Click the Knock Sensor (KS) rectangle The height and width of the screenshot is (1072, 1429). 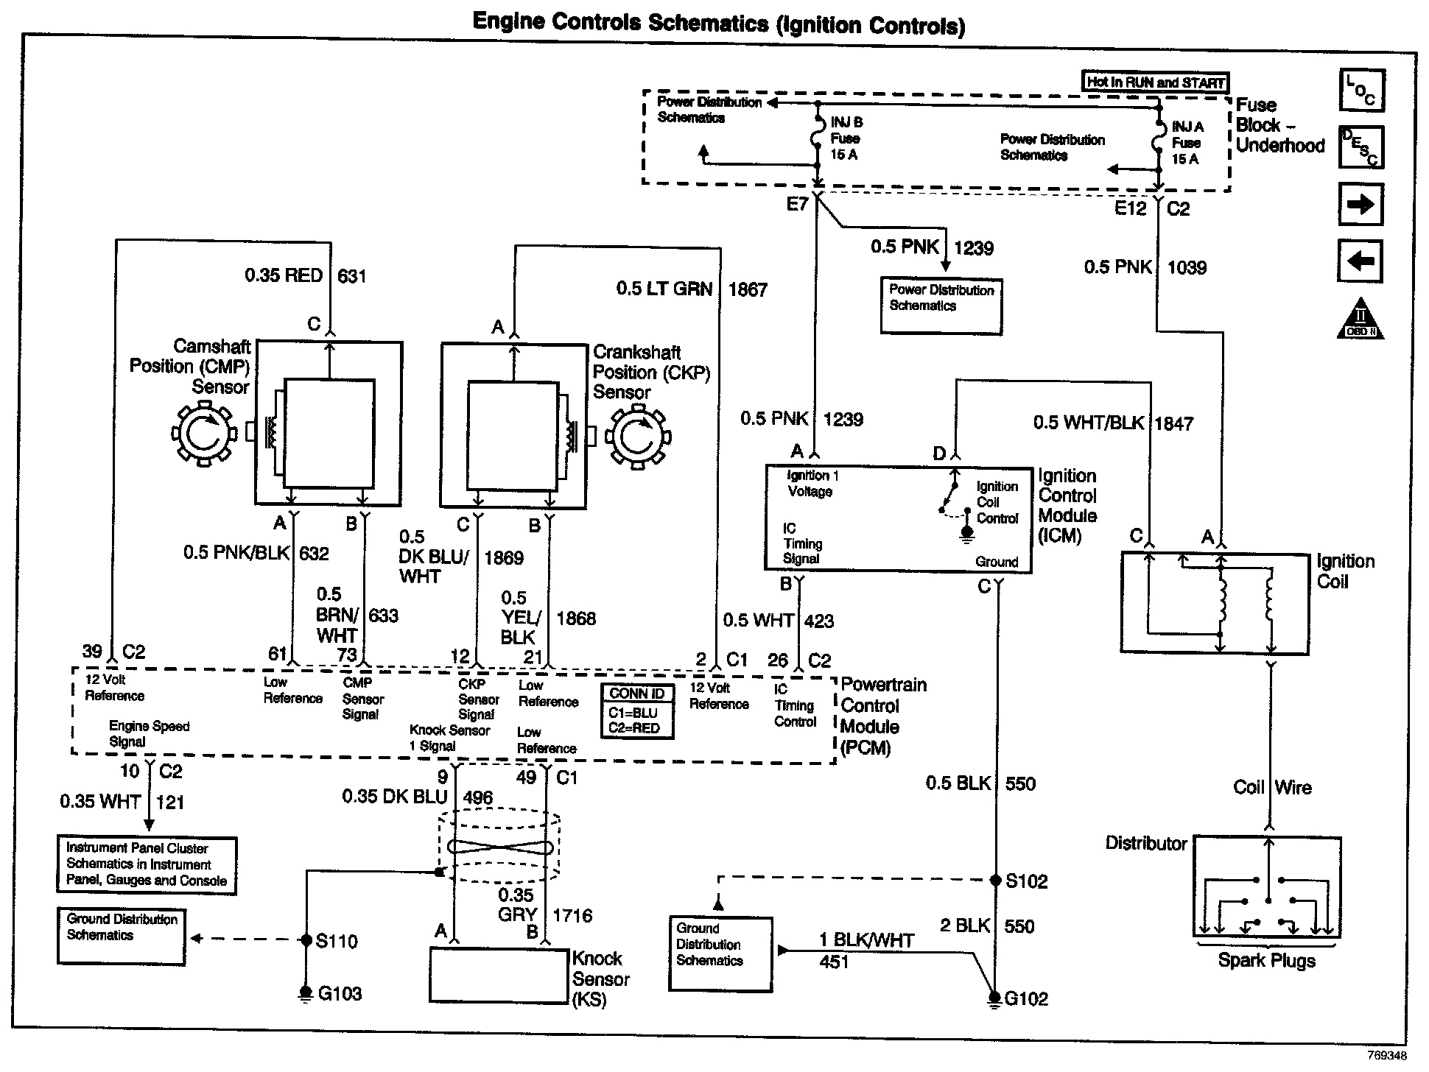tap(499, 975)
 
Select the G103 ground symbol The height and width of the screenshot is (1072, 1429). tap(305, 993)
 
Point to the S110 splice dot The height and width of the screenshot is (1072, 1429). tap(306, 940)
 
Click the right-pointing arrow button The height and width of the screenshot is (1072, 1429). tap(1360, 204)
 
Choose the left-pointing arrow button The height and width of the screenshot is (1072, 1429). tap(1360, 261)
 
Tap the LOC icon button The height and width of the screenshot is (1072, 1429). tap(1361, 90)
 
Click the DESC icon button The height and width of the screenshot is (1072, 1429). tap(1361, 147)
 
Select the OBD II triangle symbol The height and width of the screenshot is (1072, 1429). tap(1360, 320)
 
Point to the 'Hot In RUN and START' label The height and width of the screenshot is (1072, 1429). tap(1155, 82)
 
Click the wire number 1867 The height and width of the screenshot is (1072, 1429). tap(748, 290)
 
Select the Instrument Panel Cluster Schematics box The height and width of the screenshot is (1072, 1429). tap(147, 865)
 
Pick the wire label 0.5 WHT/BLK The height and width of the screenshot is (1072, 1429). tap(1089, 423)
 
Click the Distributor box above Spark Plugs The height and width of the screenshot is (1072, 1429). tap(1266, 886)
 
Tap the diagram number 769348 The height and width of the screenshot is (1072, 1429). tap(1386, 1055)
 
